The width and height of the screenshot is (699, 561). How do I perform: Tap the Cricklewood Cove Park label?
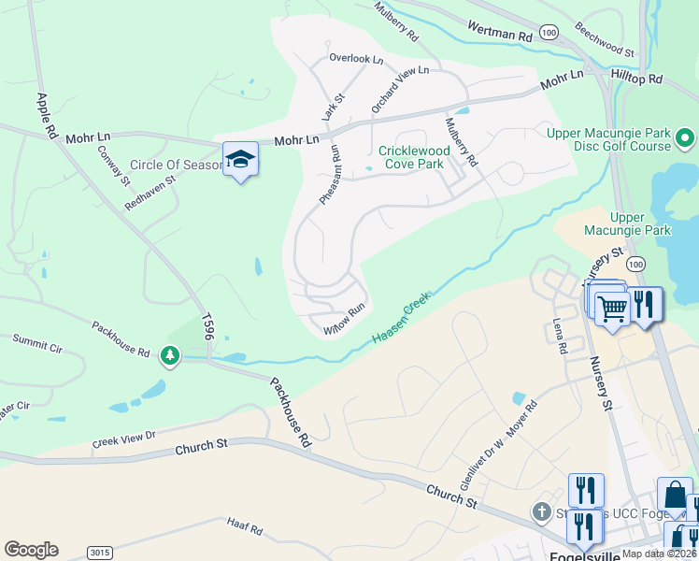(x=414, y=157)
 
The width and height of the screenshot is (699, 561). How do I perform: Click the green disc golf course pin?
(x=685, y=140)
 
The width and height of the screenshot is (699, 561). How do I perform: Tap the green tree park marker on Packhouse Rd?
(x=169, y=355)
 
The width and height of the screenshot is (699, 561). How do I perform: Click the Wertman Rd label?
(x=499, y=34)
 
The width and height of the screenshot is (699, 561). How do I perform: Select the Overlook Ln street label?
(x=356, y=59)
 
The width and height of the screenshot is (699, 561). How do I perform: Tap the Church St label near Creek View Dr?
(x=202, y=450)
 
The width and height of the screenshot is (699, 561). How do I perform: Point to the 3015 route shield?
(x=100, y=553)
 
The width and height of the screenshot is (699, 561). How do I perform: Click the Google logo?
(x=31, y=550)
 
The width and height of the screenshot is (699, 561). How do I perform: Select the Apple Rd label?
(x=42, y=116)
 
